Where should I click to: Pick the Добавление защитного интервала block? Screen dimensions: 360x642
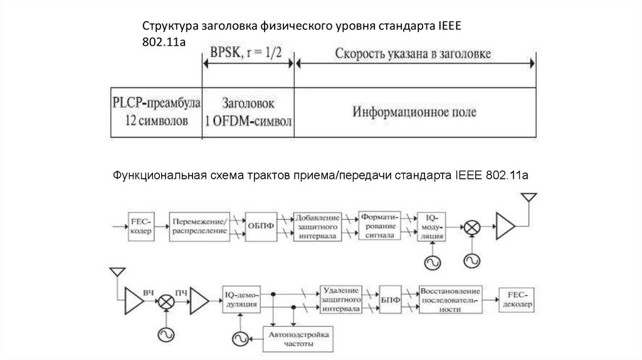click(x=317, y=226)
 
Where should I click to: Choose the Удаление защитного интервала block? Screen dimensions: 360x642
click(x=342, y=300)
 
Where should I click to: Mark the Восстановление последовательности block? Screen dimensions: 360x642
click(x=451, y=300)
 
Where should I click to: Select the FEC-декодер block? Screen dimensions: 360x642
click(x=517, y=300)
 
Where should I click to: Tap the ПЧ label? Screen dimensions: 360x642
click(x=181, y=292)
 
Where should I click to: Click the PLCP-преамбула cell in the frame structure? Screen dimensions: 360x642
click(x=155, y=112)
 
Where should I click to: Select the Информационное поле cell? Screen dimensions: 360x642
click(x=414, y=112)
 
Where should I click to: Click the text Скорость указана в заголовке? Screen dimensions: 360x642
click(x=414, y=54)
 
